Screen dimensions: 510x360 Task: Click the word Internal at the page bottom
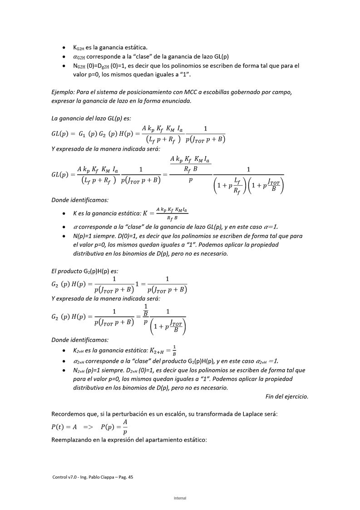[180, 498]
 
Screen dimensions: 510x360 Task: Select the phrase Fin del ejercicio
[286, 396]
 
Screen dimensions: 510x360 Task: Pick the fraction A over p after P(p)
[125, 427]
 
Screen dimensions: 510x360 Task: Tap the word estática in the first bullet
[135, 47]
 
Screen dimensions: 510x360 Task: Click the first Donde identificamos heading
[80, 200]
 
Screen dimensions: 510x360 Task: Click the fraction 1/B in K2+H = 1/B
[174, 351]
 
